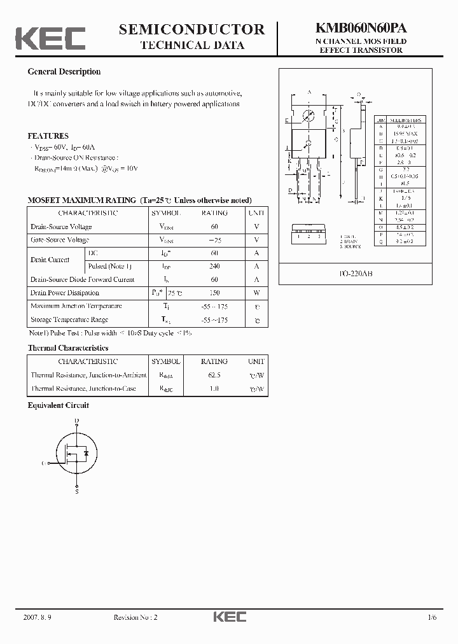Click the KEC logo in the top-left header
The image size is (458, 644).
pos(50,38)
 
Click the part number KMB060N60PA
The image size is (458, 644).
pos(361,29)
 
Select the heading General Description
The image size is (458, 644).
pos(64,72)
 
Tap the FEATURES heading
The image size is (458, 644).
pos(48,136)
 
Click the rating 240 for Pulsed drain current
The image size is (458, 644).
pos(214,267)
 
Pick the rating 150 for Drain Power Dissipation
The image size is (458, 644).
pos(214,293)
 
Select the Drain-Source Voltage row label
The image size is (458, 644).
pos(61,227)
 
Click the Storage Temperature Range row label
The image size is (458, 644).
pos(69,320)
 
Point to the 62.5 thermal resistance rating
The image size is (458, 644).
pos(214,375)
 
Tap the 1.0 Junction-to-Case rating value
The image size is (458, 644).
pos(214,389)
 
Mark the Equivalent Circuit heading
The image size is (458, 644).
pos(59,405)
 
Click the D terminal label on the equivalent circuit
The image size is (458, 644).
pos(77,421)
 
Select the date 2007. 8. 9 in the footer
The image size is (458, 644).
pos(38,617)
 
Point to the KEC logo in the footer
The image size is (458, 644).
pos(229,617)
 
